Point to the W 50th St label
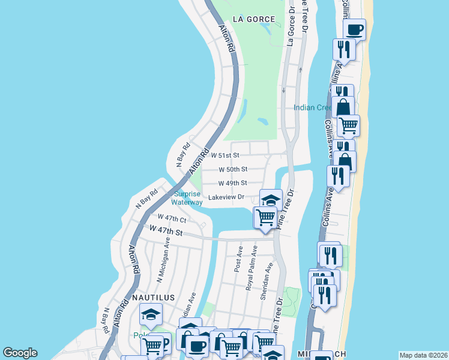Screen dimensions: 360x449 [232, 170]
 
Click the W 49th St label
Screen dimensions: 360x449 [232, 183]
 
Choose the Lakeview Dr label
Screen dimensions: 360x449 [226, 197]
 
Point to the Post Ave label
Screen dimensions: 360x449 [238, 259]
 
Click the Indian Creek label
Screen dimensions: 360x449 [313, 108]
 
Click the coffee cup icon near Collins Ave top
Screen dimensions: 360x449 [354, 29]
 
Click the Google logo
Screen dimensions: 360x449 [20, 353]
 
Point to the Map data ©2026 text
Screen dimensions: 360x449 [423, 355]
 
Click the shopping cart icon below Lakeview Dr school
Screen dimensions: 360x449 [265, 217]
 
